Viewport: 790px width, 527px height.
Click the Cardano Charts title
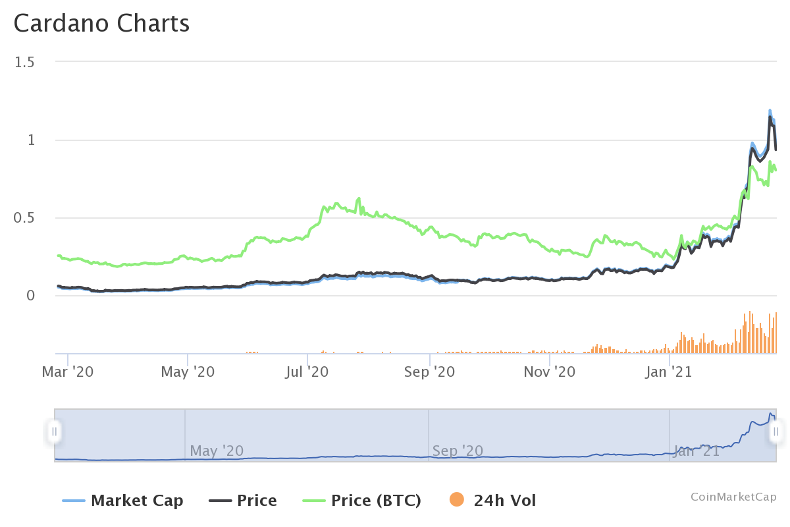[x=101, y=24]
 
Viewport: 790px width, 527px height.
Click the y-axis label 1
[x=30, y=140]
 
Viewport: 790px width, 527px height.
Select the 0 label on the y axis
[x=30, y=296]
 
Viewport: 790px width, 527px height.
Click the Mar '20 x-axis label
[x=67, y=372]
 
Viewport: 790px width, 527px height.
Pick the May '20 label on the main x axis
[x=188, y=372]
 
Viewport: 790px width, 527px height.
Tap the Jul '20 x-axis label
[x=308, y=372]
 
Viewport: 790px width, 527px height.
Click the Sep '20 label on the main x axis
[x=429, y=372]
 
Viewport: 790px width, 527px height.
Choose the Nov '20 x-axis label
[x=549, y=372]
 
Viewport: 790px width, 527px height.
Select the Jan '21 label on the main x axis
[x=669, y=372]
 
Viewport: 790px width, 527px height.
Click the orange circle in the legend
[x=456, y=501]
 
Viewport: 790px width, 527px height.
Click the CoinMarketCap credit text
[x=733, y=497]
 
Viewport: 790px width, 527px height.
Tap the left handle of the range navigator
[x=55, y=432]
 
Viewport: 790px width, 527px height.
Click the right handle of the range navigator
[x=776, y=432]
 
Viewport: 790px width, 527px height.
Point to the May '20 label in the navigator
[x=217, y=451]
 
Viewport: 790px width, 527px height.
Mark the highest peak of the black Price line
[x=770, y=117]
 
